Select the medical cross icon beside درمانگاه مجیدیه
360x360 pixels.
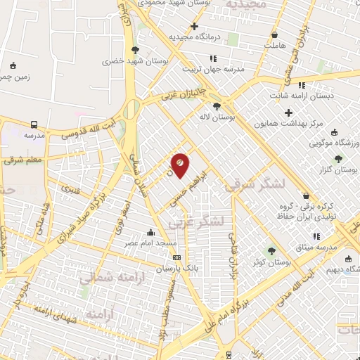click(x=194, y=26)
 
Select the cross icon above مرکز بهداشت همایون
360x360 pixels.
click(x=288, y=112)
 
